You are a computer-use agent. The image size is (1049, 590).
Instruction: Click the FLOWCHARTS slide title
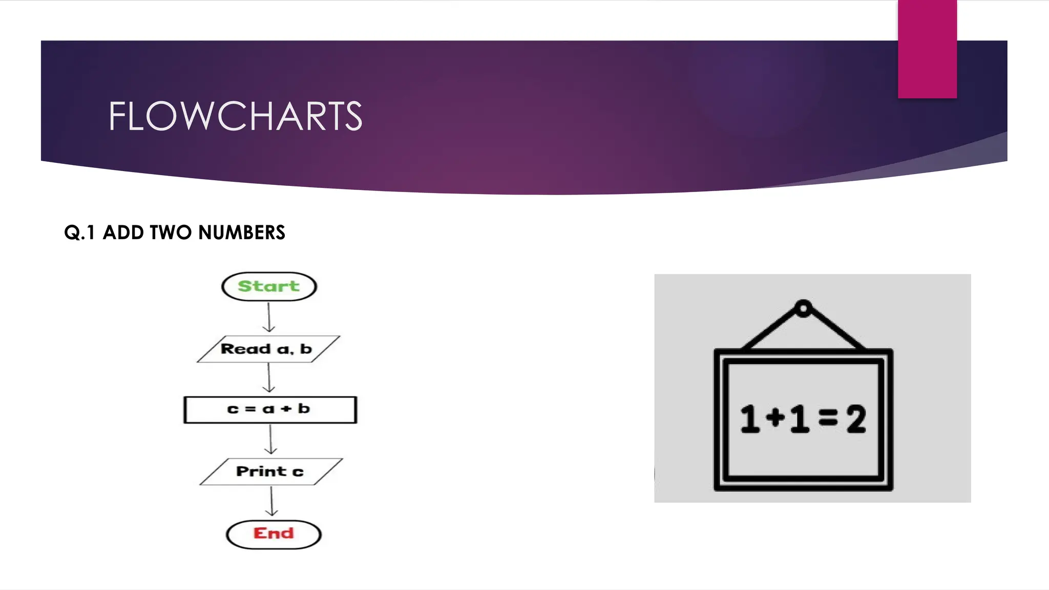235,116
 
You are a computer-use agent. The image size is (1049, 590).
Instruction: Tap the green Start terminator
269,286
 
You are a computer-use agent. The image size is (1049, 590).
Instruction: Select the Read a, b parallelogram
268,349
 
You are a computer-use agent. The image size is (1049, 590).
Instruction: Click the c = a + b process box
270,410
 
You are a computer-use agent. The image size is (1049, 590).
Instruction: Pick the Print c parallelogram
270,472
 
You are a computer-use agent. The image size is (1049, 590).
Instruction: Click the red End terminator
274,534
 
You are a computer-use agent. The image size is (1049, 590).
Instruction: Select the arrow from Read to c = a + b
269,378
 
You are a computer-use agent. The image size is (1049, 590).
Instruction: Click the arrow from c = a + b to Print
271,439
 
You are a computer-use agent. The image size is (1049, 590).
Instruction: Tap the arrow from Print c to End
271,501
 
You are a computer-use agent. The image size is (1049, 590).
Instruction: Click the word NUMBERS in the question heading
241,233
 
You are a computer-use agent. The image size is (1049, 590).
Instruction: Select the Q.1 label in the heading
79,233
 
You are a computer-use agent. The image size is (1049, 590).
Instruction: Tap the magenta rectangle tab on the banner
927,49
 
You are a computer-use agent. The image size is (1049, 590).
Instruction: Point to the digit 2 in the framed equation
856,419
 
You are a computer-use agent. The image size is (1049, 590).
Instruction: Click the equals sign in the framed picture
828,419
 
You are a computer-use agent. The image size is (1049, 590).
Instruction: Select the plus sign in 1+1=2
775,418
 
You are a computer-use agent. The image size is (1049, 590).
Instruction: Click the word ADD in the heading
123,233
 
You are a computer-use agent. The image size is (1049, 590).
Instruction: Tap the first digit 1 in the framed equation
750,419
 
